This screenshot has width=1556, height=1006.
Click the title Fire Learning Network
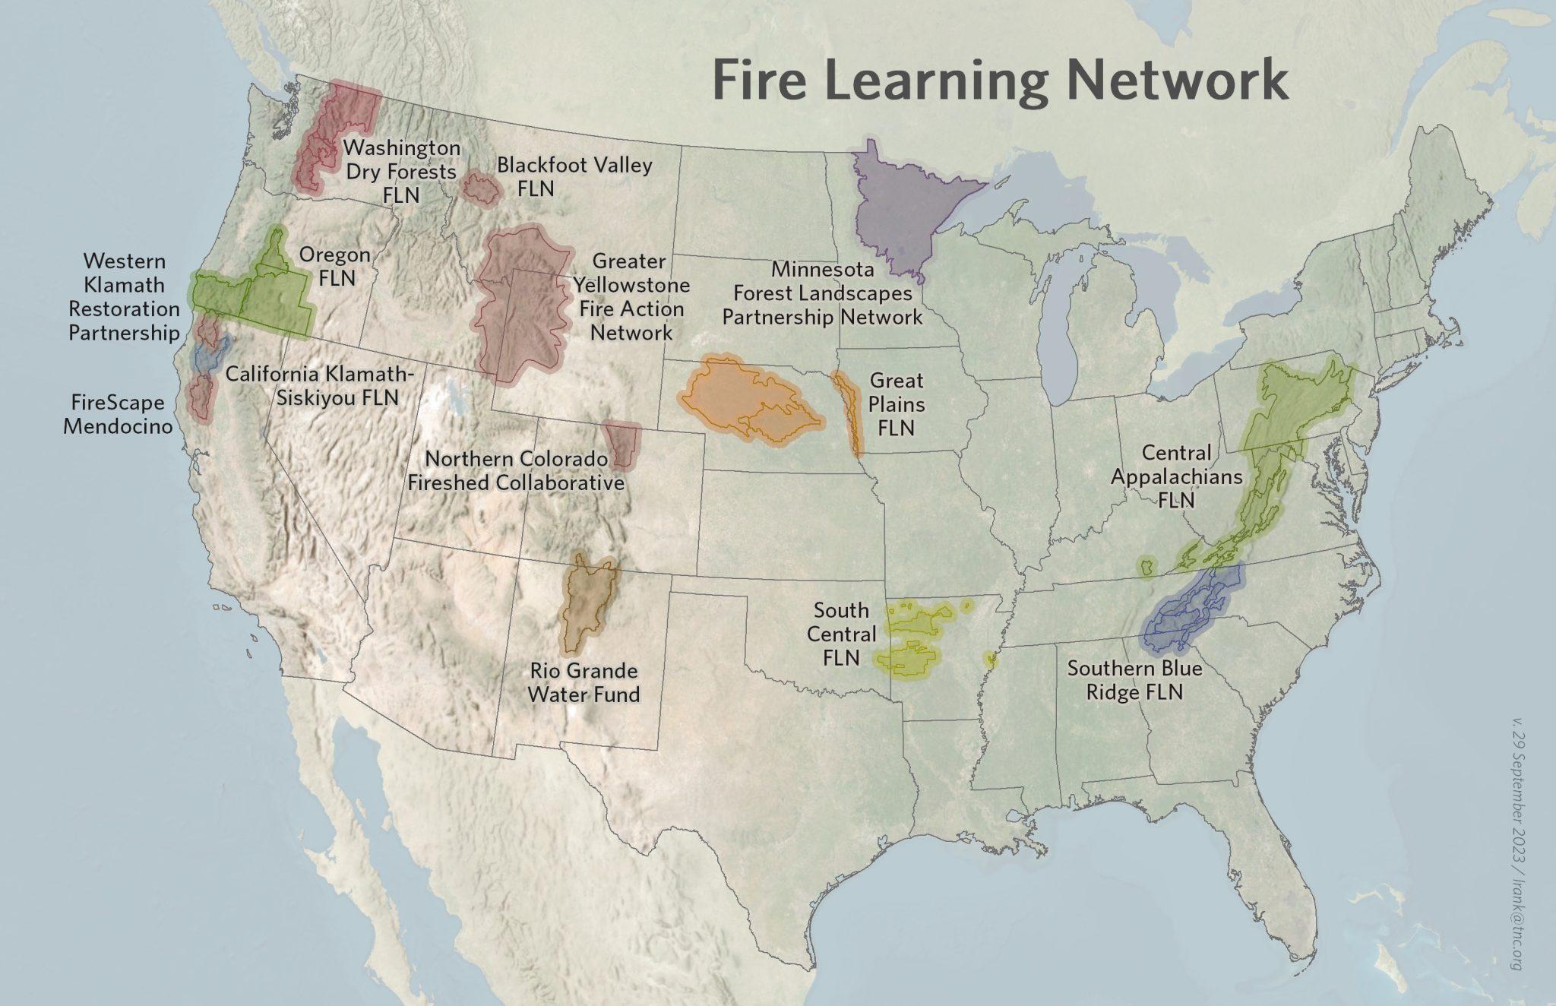[1000, 81]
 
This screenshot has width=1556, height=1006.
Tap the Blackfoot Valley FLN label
[574, 176]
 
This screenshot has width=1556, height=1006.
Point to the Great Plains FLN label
[897, 403]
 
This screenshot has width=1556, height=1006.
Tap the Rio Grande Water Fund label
[583, 682]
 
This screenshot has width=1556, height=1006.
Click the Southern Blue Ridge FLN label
[1134, 680]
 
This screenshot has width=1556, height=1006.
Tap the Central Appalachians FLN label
[1176, 476]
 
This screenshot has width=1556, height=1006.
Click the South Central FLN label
[841, 634]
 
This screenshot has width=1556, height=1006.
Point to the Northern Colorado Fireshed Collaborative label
[516, 471]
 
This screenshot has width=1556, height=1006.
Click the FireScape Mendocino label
[117, 413]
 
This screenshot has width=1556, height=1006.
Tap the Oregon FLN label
[335, 266]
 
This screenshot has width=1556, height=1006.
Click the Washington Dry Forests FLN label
[401, 171]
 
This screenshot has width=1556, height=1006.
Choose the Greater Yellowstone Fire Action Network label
[631, 296]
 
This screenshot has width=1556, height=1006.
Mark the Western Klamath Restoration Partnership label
[125, 296]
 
